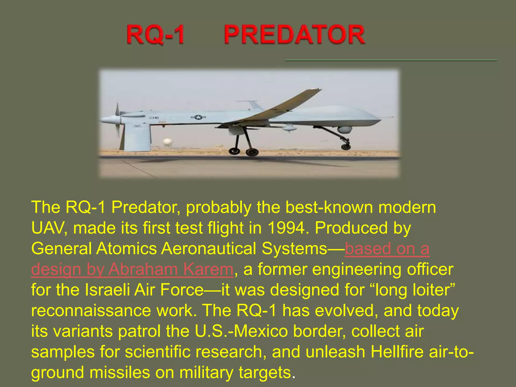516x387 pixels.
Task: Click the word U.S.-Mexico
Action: (241, 331)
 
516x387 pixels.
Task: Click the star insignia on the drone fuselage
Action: (198, 117)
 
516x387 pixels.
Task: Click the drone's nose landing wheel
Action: (346, 146)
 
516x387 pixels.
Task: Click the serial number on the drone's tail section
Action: (153, 118)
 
